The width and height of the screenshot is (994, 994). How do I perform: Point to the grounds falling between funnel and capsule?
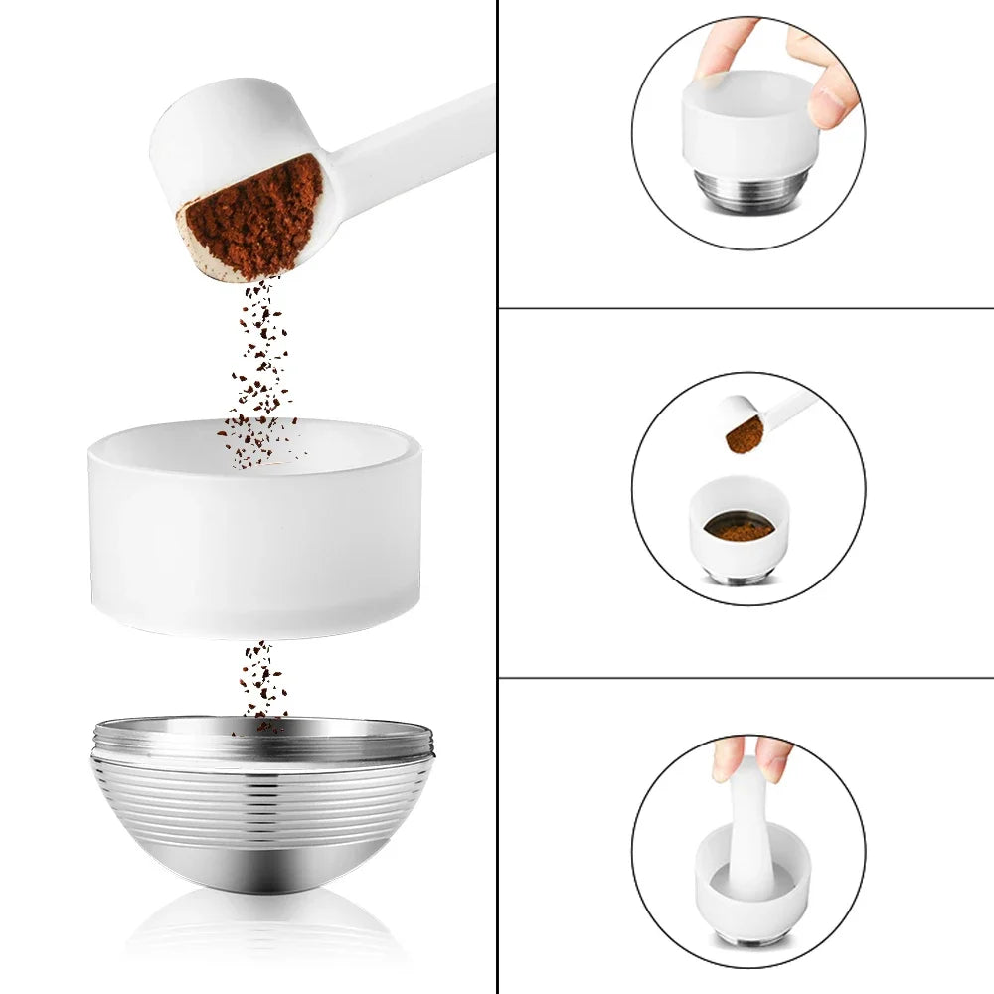pyautogui.click(x=260, y=681)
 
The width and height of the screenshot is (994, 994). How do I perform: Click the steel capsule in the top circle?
pyautogui.click(x=749, y=189)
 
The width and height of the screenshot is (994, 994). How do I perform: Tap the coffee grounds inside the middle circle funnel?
pyautogui.click(x=740, y=528)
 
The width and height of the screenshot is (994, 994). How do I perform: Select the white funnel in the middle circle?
pyautogui.click(x=739, y=542)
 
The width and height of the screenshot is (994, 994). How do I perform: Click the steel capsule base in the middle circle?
pyautogui.click(x=739, y=577)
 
